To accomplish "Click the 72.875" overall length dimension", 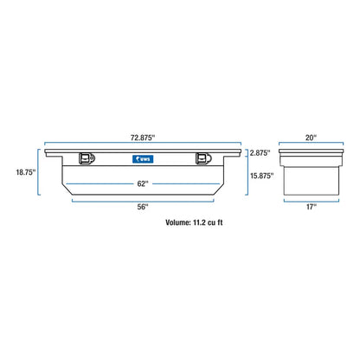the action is (143, 138).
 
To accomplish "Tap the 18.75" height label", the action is (26, 172).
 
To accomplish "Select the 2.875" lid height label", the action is (260, 153).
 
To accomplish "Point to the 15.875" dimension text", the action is (262, 176).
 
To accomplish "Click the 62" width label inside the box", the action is (143, 183).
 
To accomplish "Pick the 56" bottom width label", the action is (143, 207).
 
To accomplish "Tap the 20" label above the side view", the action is (311, 138).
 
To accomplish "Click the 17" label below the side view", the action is (312, 207).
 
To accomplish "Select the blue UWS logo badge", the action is (143, 159).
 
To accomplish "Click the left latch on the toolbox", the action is (87, 158).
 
